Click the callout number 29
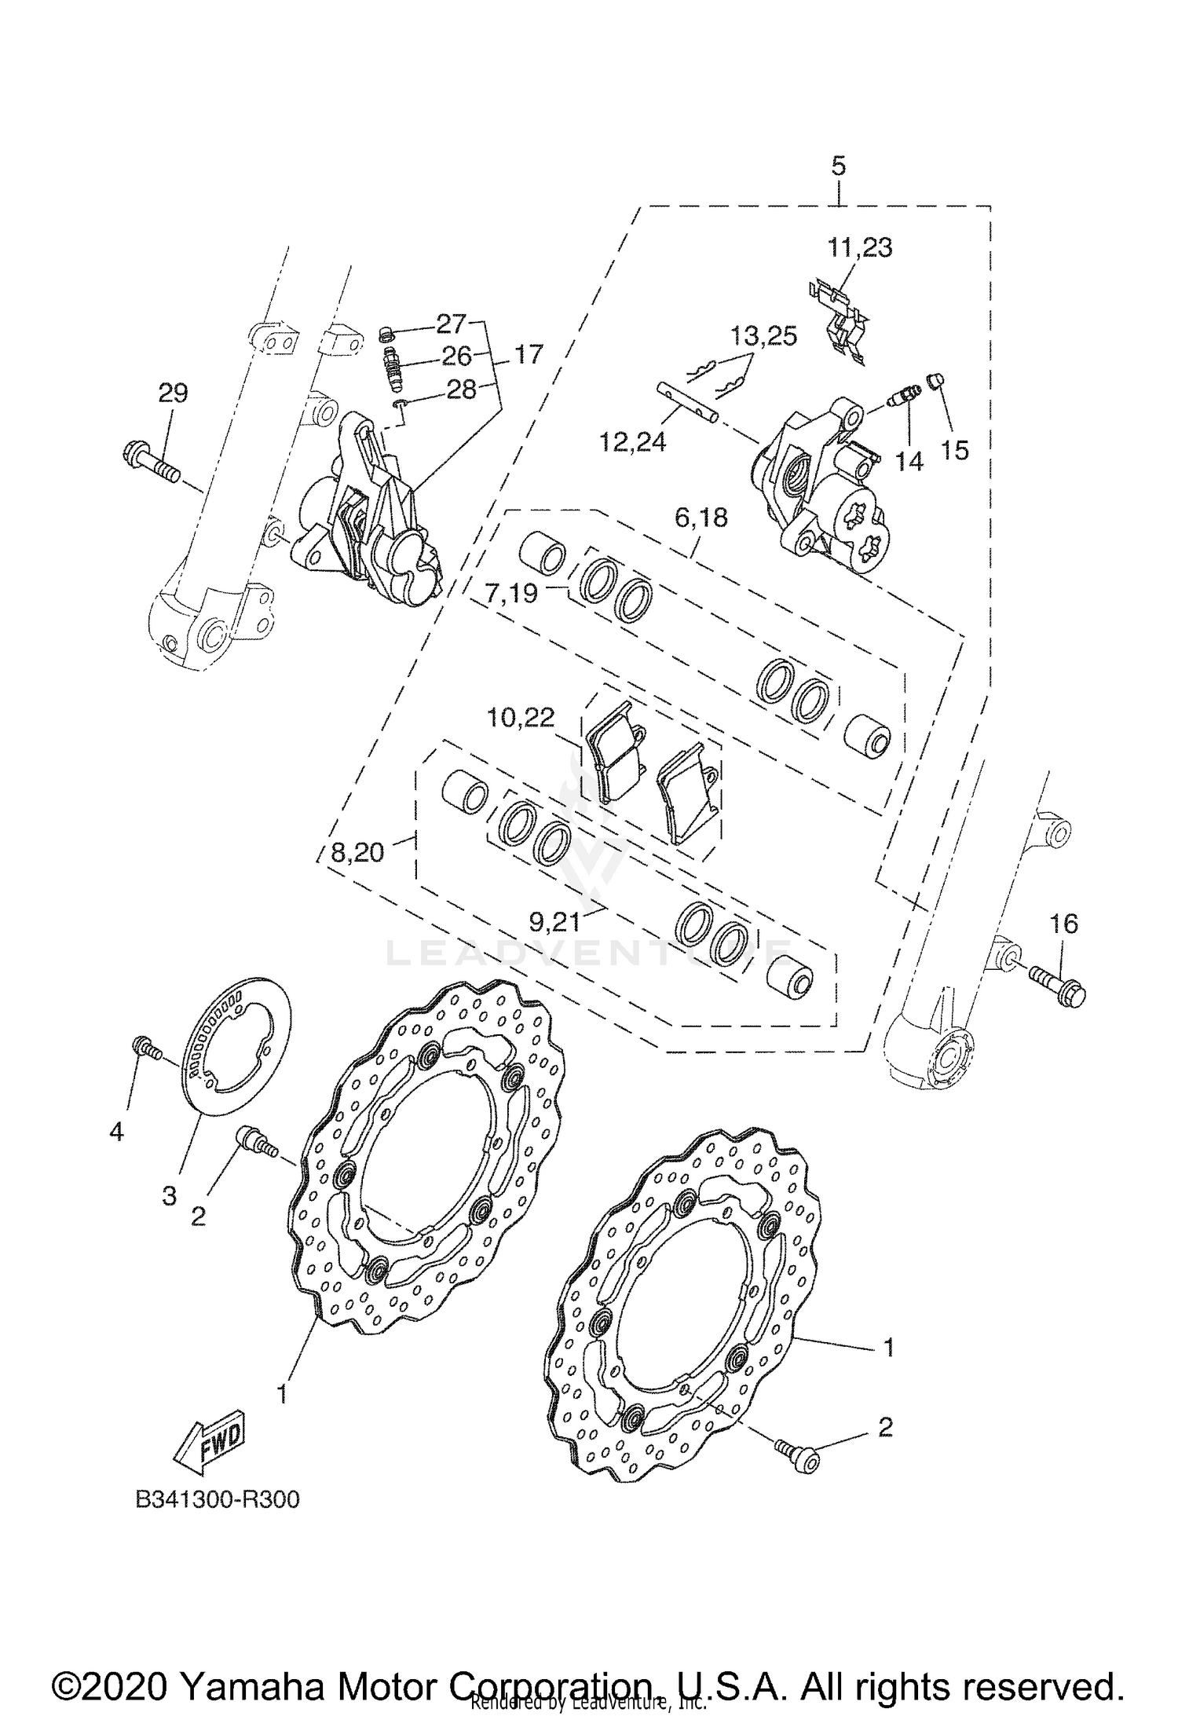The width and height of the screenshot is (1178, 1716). pos(173,393)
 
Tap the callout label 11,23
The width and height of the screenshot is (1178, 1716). pos(859,248)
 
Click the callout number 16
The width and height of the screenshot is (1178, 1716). pos(1064,924)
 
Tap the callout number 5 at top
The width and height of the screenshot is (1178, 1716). pos(838,166)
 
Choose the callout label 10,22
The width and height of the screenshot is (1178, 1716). pos(521,717)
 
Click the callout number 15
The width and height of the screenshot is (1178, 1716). pos(955,450)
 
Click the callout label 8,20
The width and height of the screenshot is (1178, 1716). pos(357,852)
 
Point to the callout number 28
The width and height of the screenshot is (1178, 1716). pos(461,389)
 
